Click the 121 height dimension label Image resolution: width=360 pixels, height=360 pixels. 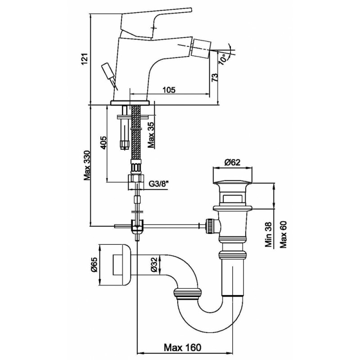coord(85,59)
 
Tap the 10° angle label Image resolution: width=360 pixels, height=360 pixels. coord(223,59)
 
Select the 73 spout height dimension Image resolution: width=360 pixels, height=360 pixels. coord(215,78)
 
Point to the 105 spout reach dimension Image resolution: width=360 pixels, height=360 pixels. coord(169,90)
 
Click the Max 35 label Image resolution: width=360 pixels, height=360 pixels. coord(151,134)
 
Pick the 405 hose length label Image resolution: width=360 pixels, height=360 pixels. coord(103,143)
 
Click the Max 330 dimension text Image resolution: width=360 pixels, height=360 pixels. coord(87,165)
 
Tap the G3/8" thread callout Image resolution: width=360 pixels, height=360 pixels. coord(159,184)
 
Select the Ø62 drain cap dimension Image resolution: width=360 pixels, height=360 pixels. coord(232,162)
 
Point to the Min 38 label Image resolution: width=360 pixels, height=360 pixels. coord(268,234)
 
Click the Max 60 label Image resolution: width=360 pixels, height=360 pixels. coord(283,234)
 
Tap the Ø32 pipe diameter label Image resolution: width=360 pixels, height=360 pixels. coord(154,265)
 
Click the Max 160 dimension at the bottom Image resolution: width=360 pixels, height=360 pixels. coord(183,347)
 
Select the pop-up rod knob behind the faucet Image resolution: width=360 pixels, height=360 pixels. coord(107,71)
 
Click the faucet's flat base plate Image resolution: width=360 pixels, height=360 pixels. coord(130,103)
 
